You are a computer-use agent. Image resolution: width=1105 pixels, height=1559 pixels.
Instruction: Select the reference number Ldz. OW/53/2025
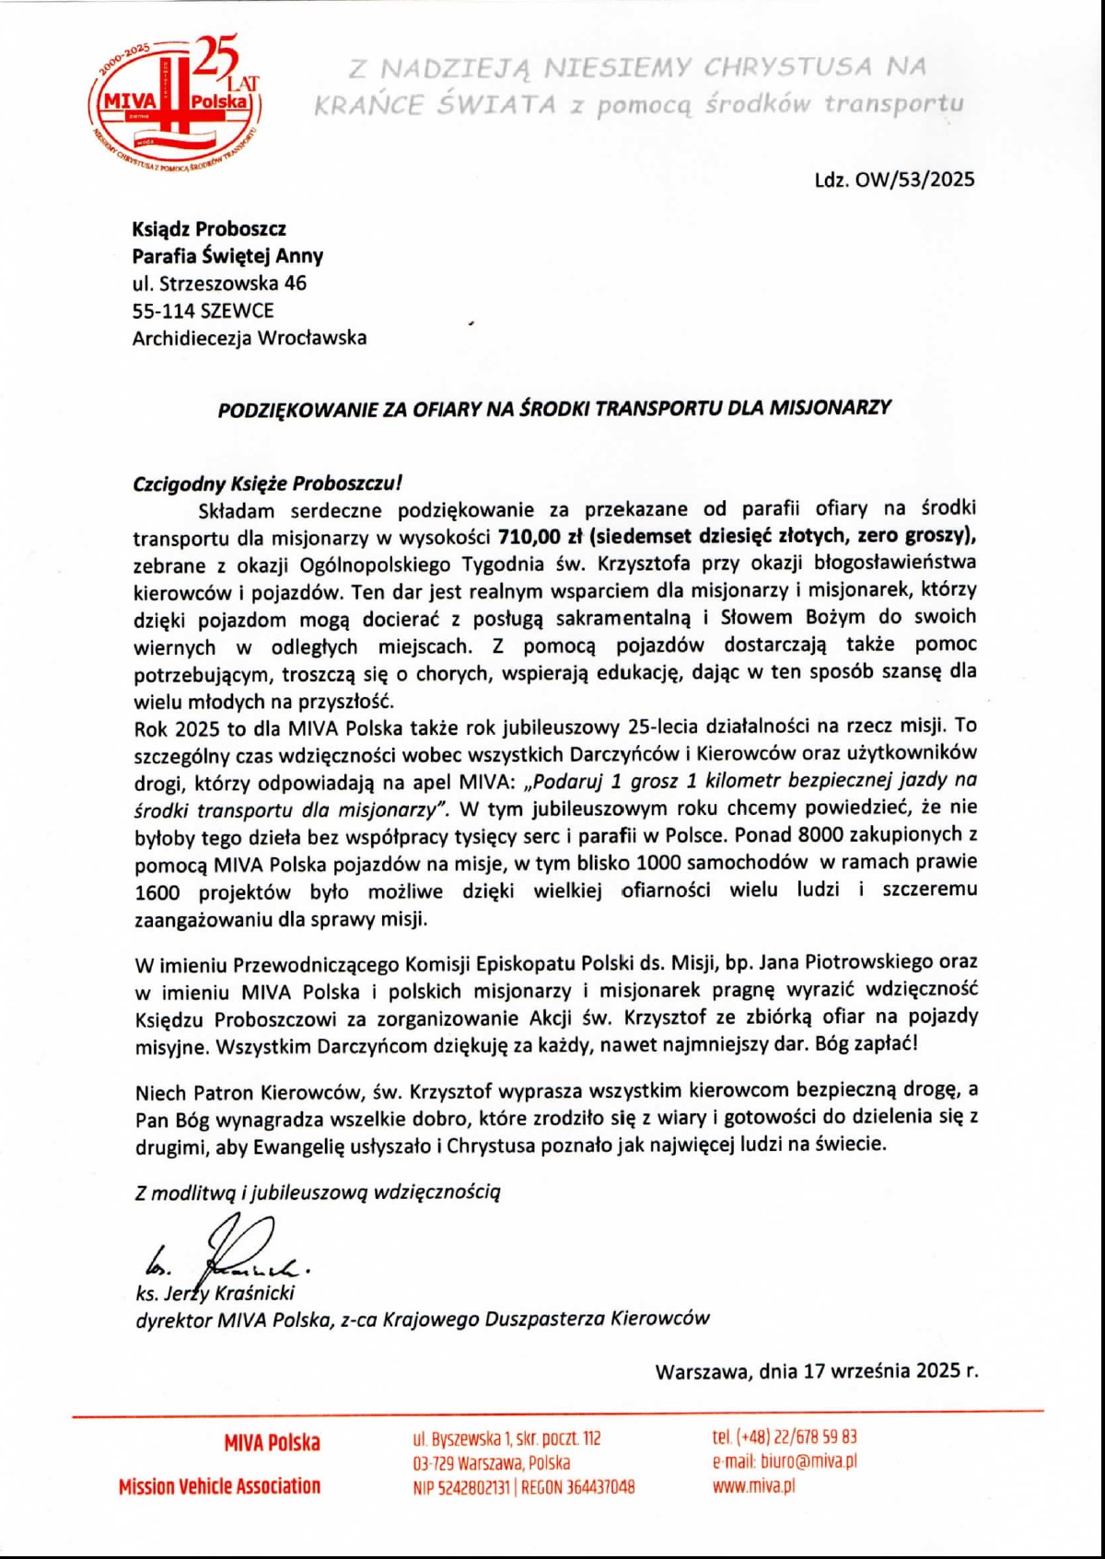point(893,180)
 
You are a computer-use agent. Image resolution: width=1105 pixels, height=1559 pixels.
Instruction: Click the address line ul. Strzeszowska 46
point(219,283)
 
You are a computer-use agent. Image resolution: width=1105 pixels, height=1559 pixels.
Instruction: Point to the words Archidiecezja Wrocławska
point(249,338)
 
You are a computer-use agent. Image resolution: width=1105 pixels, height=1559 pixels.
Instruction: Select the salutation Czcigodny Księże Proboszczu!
point(267,483)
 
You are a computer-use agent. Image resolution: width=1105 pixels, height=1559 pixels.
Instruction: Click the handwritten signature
point(230,1248)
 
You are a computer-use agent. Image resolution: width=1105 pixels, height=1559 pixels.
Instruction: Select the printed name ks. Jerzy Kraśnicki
point(215,1293)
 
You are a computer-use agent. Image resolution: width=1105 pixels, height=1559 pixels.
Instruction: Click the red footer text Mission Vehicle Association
point(219,1486)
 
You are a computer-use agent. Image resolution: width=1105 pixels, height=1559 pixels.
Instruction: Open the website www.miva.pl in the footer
point(753,1485)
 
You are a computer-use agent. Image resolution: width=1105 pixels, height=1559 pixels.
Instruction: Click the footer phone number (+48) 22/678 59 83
point(797,1437)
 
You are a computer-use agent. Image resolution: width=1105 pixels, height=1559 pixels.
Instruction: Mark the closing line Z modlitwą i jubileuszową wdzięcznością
point(318,1193)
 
